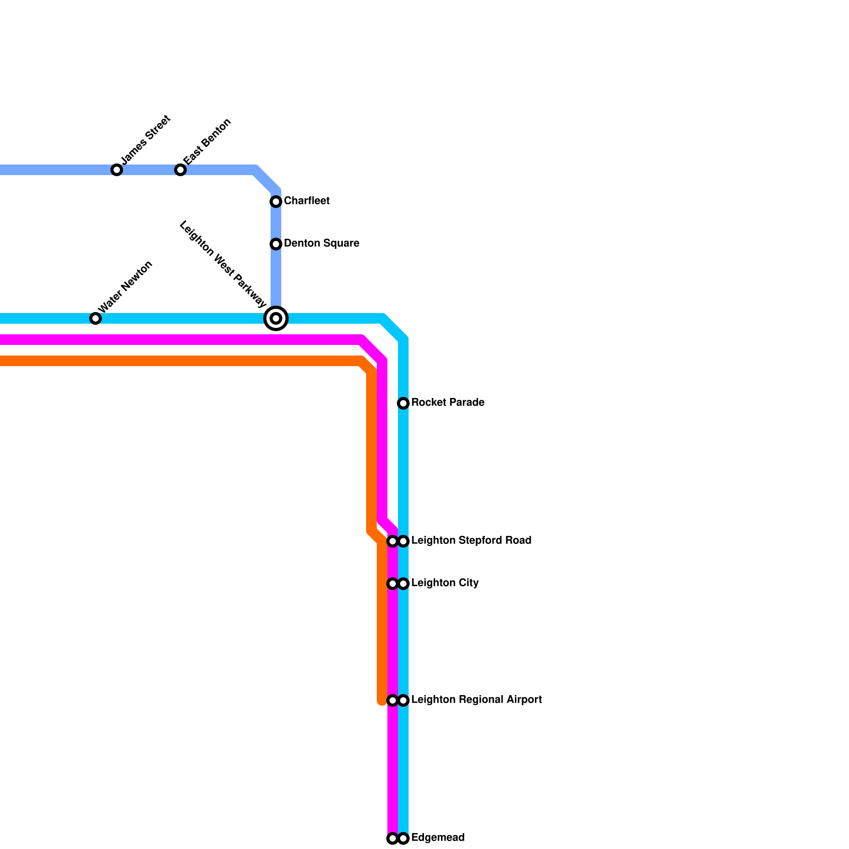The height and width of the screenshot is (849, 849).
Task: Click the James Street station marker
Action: pos(117,170)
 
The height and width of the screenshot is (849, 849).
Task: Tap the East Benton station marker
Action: pos(180,170)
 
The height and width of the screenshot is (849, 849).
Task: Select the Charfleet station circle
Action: pos(276,202)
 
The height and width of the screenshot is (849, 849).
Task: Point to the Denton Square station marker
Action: pos(276,244)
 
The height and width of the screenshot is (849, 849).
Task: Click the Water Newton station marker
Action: pos(96,318)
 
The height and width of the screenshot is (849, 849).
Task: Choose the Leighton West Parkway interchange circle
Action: pos(276,318)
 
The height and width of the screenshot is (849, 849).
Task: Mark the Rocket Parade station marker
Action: pos(403,403)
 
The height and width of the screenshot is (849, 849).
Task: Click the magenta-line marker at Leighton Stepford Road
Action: pos(393,541)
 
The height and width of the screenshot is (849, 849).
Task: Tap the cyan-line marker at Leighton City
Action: pos(403,584)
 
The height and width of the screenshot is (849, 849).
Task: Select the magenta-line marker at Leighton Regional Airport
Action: pos(393,700)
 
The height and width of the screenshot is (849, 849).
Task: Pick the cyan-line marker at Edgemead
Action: pos(403,838)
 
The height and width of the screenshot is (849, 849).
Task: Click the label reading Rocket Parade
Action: pos(447,403)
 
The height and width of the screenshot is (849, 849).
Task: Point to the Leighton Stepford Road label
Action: pos(471,541)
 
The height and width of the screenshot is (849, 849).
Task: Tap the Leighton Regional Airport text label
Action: pos(477,700)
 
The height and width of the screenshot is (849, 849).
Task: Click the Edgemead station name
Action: pos(438,838)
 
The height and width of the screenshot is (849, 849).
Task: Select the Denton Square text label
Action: pos(322,244)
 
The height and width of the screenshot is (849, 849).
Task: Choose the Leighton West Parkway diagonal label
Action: pos(223,264)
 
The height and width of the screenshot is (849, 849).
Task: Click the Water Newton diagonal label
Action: pos(126,287)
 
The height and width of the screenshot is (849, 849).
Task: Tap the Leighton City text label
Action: pos(445,583)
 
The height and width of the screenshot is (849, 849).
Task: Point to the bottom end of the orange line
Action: pos(382,703)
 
